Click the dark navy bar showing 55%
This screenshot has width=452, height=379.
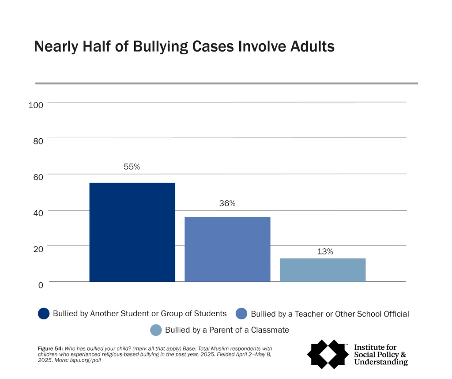tap(132, 232)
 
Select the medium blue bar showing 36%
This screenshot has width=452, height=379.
tap(227, 249)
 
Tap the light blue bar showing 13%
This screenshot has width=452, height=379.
tap(323, 270)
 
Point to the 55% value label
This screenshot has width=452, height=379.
tap(132, 167)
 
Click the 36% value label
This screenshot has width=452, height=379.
tap(227, 204)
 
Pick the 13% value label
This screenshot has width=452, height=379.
tap(324, 251)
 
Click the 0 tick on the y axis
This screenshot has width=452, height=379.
tap(40, 285)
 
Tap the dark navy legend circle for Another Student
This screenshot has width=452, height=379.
tap(44, 314)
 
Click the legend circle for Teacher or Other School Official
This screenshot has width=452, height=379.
tap(241, 314)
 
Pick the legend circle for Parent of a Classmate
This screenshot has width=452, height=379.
tap(156, 330)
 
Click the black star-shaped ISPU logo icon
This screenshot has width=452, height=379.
tap(327, 353)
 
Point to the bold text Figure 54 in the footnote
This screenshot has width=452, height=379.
tap(51, 349)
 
